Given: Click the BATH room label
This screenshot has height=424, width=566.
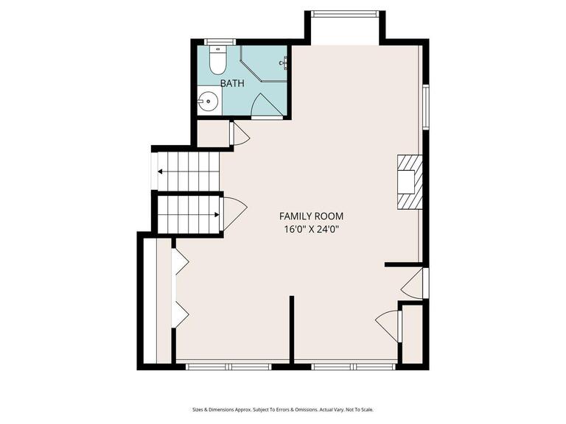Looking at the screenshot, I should pos(232,83).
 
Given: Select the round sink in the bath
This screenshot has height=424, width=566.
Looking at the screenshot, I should pos(209,102).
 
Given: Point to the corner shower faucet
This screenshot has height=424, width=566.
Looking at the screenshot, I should pos(282,63).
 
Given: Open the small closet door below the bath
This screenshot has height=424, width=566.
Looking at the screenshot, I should pos(240,135).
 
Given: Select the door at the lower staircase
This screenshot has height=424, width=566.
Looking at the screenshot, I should pos(234,213).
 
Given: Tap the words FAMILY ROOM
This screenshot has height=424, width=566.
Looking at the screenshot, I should pos(311,216).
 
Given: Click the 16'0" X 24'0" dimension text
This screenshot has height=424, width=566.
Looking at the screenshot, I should pos(311,229).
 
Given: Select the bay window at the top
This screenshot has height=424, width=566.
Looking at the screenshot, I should pos(344,13).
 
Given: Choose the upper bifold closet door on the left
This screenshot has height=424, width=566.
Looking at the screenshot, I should pos(180,261).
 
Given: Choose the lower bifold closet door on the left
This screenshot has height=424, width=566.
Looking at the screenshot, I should pos(180,314).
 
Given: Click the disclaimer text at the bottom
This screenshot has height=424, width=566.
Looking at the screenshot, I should pos(283,409).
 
